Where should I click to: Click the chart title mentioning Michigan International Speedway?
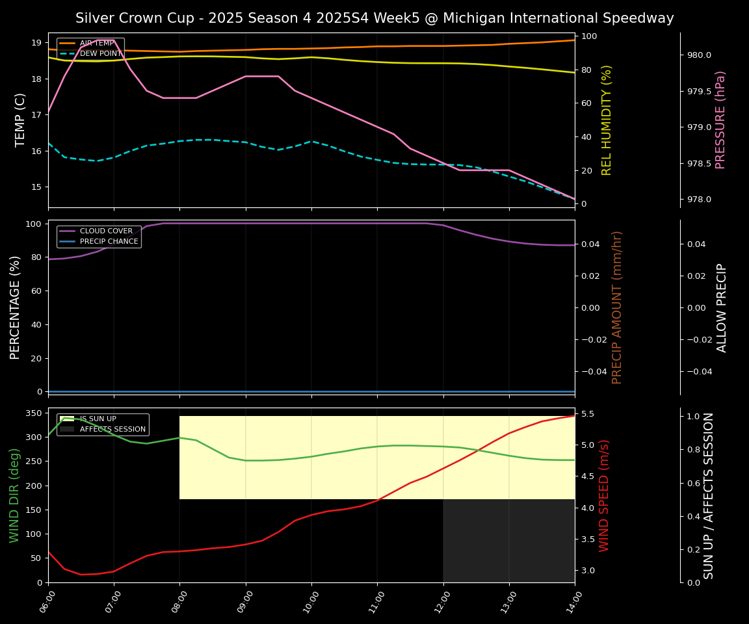[374, 18]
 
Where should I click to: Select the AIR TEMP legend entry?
[97, 44]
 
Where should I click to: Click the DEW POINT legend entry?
[101, 54]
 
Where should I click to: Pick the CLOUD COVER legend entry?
[106, 231]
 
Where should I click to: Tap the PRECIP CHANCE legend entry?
[109, 242]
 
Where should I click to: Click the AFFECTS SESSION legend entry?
[112, 430]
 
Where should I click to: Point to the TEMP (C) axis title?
[21, 120]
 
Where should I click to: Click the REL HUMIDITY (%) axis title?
[607, 120]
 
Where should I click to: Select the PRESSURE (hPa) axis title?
[720, 120]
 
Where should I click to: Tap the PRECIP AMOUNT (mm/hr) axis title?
[617, 307]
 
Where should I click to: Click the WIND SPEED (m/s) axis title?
[605, 495]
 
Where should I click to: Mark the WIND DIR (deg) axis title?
[14, 495]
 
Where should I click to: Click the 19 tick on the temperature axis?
[36, 43]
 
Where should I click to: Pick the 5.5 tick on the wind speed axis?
[587, 414]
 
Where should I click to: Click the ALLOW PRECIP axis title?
[722, 307]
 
